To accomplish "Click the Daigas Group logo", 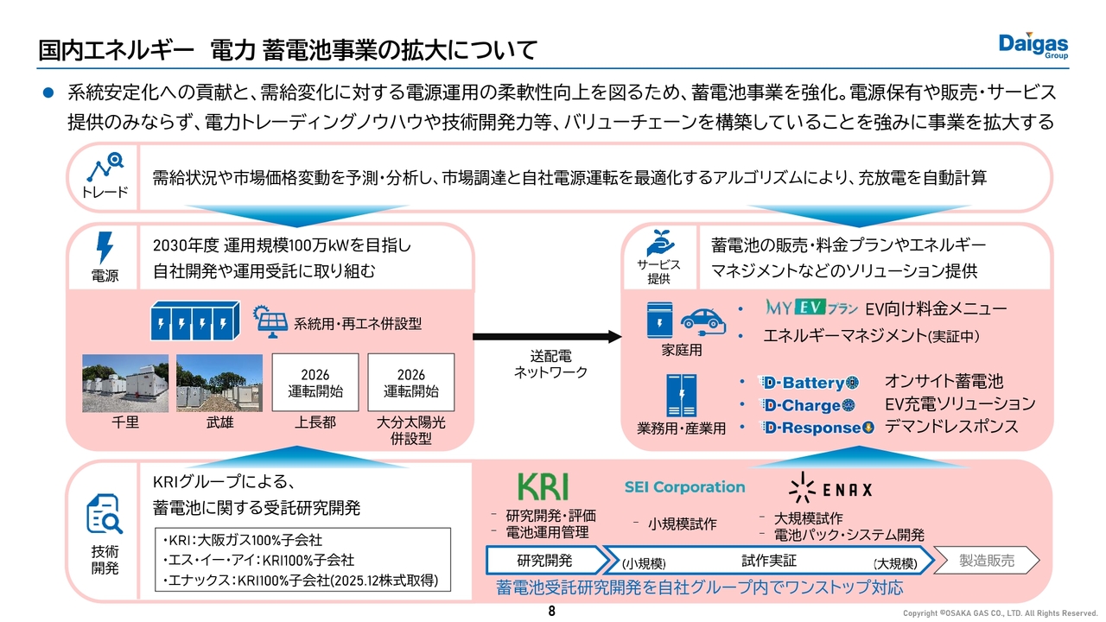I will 1033,46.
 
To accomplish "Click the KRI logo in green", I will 543,486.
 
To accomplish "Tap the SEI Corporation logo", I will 684,486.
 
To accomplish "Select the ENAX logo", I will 829,488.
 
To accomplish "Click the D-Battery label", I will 809,382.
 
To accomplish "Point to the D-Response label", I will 817,427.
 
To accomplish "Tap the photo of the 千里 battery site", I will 125,383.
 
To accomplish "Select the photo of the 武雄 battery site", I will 219,383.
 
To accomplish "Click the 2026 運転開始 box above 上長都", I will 315,383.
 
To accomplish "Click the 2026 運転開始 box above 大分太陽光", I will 411,383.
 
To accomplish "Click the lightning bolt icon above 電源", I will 105,248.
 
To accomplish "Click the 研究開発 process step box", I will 544,561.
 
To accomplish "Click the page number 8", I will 552,612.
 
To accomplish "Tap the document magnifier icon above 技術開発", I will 104,516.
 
